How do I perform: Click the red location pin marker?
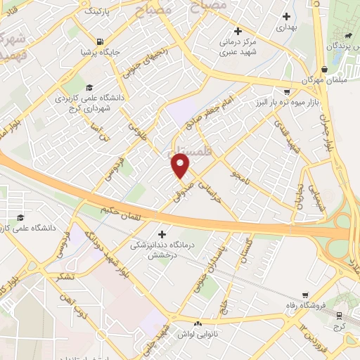[181, 166]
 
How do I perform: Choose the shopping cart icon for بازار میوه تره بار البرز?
[286, 92]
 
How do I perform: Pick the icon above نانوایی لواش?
[198, 323]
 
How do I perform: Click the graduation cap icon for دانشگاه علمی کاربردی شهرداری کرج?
[89, 88]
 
